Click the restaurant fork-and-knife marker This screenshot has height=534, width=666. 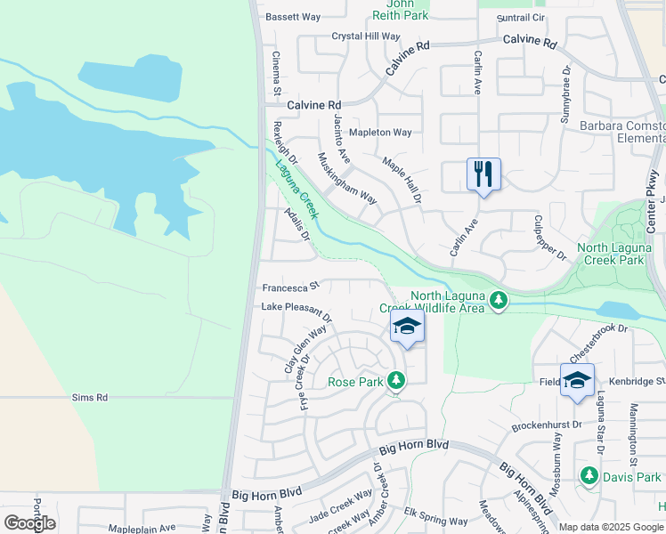483,174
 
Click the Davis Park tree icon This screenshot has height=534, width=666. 589,476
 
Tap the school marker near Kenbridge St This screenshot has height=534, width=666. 577,379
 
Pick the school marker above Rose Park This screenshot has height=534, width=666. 407,326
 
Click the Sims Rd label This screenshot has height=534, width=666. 90,398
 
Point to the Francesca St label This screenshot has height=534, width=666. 290,288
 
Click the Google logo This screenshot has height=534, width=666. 29,523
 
